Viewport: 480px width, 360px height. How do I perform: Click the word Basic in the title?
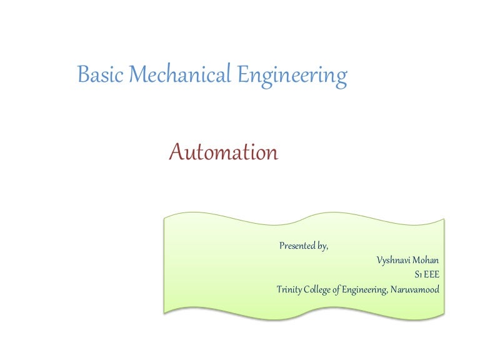pos(97,76)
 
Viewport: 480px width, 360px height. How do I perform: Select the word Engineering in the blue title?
pos(292,77)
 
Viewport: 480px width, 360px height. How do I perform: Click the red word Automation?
pos(224,152)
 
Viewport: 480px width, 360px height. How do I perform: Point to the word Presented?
pos(297,246)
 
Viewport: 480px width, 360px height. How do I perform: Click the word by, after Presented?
pos(322,246)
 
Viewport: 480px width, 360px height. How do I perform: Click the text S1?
pos(417,274)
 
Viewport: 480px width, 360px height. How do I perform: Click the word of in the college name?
pos(336,289)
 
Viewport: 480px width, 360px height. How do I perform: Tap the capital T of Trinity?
pos(279,289)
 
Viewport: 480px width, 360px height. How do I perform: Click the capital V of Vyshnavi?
pos(380,260)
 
